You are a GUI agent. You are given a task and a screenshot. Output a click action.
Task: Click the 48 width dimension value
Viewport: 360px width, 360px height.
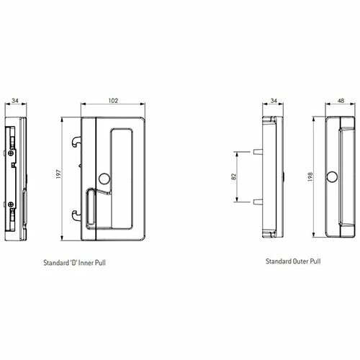click(339, 102)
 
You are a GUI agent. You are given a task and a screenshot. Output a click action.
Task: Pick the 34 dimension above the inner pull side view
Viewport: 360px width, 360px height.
click(16, 102)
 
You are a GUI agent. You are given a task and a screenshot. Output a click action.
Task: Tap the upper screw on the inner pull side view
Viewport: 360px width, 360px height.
click(12, 153)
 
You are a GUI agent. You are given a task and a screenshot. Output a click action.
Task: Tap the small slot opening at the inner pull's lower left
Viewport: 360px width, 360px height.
click(91, 213)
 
